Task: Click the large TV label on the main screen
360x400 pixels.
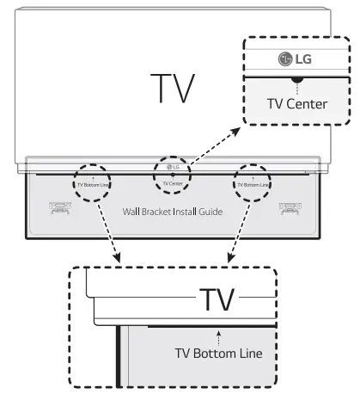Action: (172, 88)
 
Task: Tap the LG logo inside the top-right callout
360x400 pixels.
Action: (295, 61)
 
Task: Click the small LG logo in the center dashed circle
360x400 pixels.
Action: (174, 168)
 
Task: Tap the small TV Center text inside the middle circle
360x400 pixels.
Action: (173, 184)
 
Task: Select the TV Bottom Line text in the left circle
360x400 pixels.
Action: (90, 184)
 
